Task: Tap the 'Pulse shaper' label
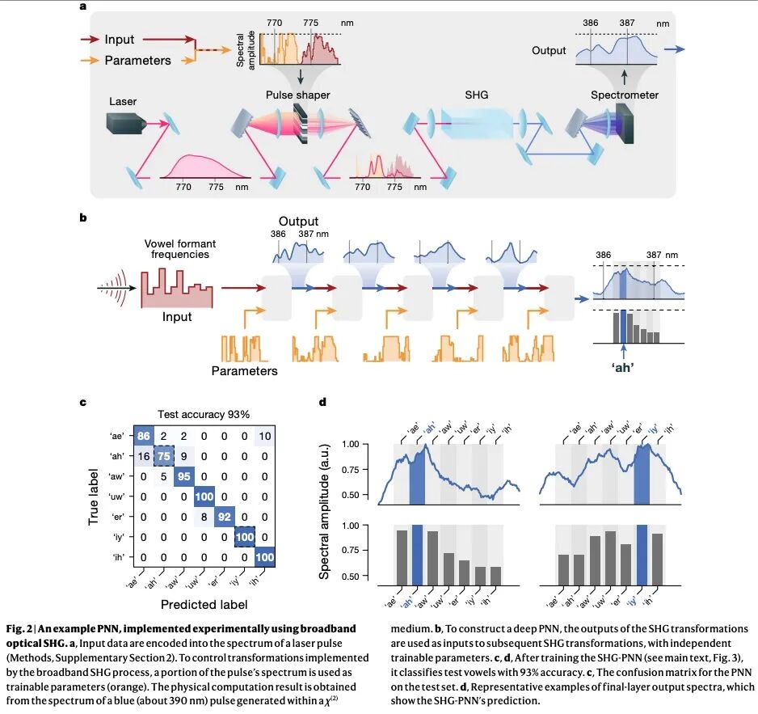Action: pyautogui.click(x=298, y=95)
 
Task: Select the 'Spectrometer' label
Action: pyautogui.click(x=624, y=95)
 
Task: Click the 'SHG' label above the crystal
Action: pyautogui.click(x=476, y=95)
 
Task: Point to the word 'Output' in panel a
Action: pyautogui.click(x=549, y=51)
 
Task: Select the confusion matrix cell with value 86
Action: pyautogui.click(x=145, y=436)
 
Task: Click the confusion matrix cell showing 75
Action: pyautogui.click(x=164, y=455)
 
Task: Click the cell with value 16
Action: pyautogui.click(x=145, y=455)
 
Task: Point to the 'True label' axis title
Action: pyautogui.click(x=94, y=495)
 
